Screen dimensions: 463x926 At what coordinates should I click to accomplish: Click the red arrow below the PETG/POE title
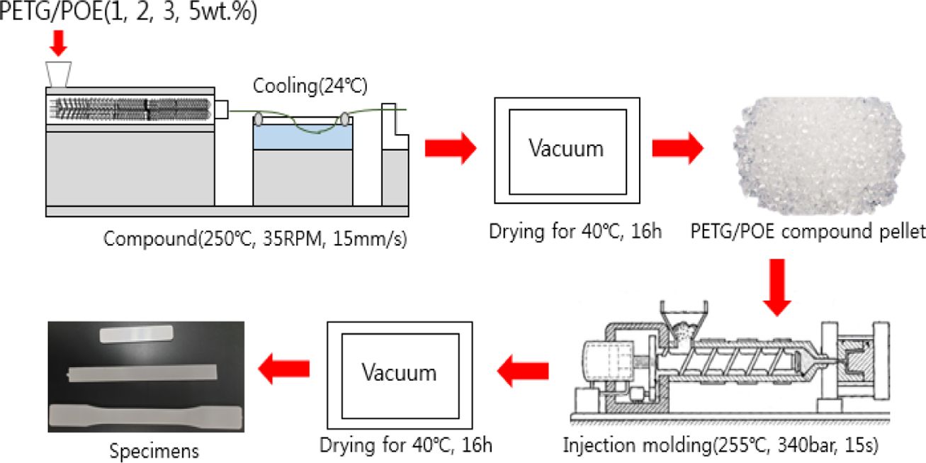coord(59,44)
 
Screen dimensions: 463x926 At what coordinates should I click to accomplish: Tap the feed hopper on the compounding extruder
coord(59,72)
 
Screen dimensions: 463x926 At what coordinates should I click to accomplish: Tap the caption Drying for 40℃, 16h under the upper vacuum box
coord(566,230)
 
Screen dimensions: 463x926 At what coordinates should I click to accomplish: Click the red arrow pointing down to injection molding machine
coord(779,287)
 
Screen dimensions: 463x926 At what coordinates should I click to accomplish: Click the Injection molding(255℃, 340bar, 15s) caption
coord(721,445)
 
